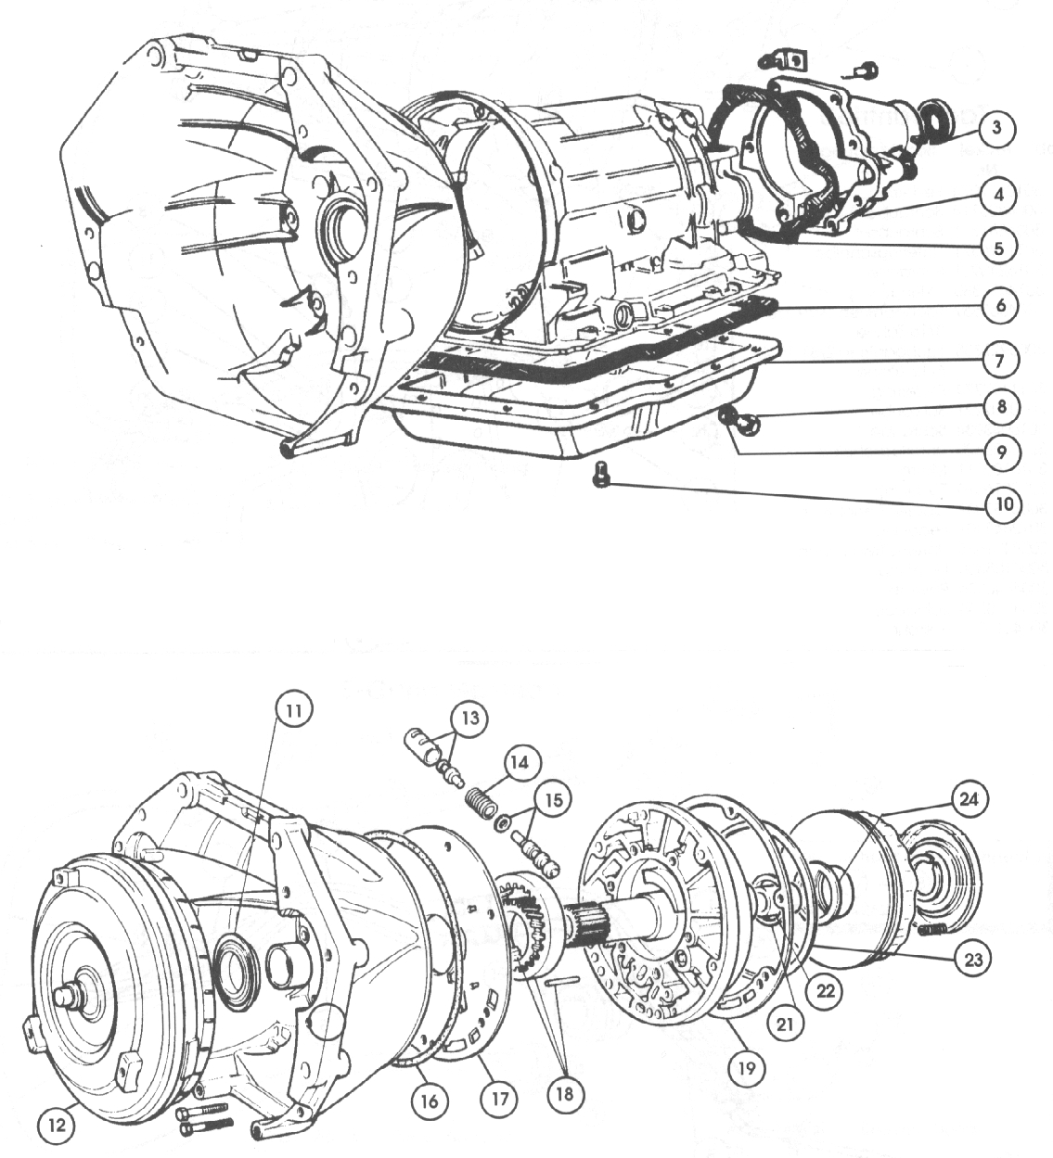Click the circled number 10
pos(1003,505)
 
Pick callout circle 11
pos(293,710)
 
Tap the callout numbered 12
pos(57,1125)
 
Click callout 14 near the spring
pos(522,762)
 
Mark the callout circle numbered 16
pos(433,1101)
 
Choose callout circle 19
pos(747,1068)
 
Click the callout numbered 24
pos(970,798)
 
